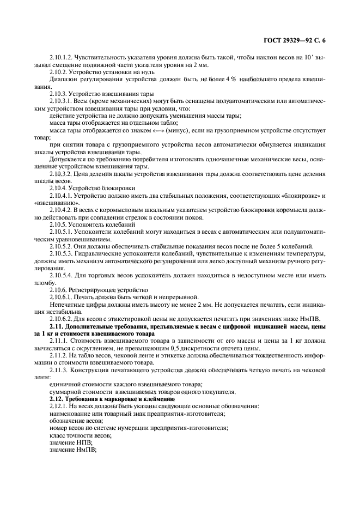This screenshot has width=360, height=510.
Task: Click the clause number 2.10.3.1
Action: [x=63, y=101]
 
